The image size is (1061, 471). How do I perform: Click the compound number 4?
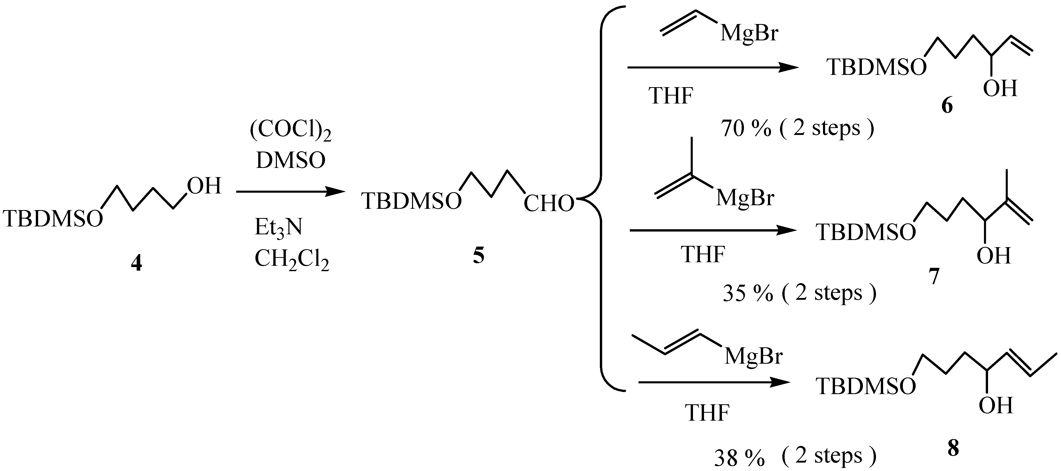(x=136, y=262)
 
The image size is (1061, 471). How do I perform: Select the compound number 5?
(x=478, y=256)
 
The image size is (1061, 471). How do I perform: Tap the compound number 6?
(x=947, y=106)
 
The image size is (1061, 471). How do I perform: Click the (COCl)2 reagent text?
(x=290, y=131)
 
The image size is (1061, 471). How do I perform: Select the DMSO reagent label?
(x=290, y=160)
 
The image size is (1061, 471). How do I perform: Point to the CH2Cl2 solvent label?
(x=292, y=260)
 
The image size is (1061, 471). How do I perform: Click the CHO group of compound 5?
(x=549, y=203)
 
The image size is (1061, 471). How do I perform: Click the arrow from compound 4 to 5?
(x=290, y=191)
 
